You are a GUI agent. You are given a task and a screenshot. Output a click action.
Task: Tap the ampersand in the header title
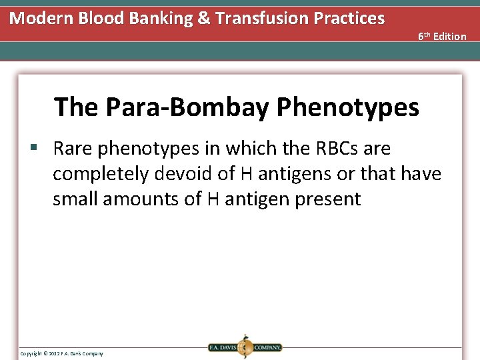click(203, 18)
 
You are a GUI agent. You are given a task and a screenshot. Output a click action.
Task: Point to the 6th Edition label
click(442, 36)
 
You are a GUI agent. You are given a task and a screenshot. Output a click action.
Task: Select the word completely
click(101, 174)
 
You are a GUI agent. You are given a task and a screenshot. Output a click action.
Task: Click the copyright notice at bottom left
click(61, 353)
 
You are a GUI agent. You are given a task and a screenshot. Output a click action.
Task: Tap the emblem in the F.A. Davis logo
click(245, 347)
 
